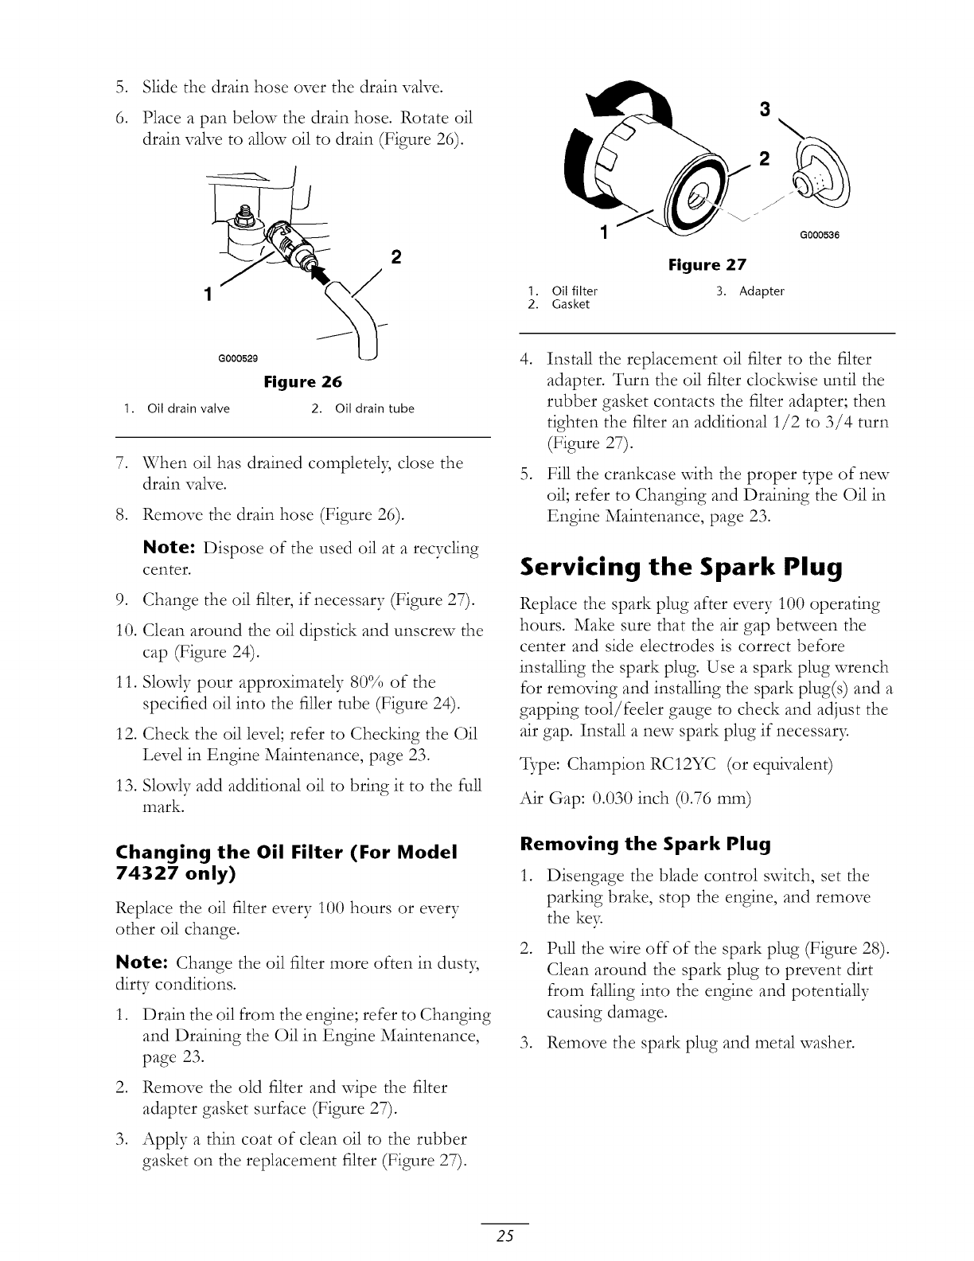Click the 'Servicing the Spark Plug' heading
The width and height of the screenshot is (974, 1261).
(x=680, y=568)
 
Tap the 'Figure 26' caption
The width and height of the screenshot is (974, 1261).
(x=302, y=381)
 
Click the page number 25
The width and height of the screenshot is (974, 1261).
(x=505, y=1236)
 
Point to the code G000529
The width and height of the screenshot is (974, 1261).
(x=237, y=357)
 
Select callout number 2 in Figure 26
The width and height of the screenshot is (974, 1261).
(x=396, y=257)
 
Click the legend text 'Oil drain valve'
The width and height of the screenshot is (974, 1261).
(x=189, y=409)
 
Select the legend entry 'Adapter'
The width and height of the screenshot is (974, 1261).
(x=762, y=291)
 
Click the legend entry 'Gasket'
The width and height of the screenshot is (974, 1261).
(x=571, y=304)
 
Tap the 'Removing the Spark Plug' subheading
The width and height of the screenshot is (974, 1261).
(x=645, y=844)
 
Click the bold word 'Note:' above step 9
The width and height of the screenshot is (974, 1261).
(x=169, y=549)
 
